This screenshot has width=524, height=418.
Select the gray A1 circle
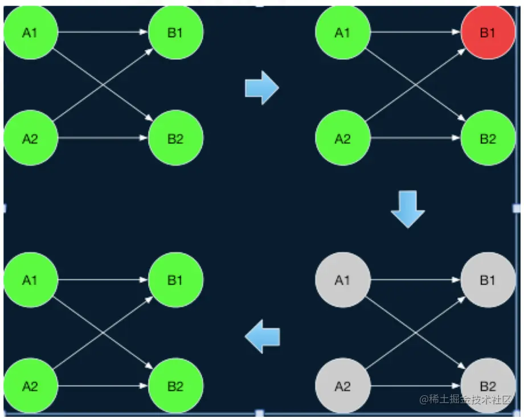342,280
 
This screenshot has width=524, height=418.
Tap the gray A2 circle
342,387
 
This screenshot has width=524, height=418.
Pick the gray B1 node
488,280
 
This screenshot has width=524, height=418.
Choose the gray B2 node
488,387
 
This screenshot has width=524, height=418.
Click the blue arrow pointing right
262,88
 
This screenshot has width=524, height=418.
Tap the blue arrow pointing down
408,209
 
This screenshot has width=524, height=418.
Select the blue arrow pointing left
263,337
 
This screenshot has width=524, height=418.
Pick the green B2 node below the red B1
488,139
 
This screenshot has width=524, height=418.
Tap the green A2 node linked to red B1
342,139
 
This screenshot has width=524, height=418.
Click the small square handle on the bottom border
260,413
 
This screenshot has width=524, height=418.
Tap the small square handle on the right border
517,208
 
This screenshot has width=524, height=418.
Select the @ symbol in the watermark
424,400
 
